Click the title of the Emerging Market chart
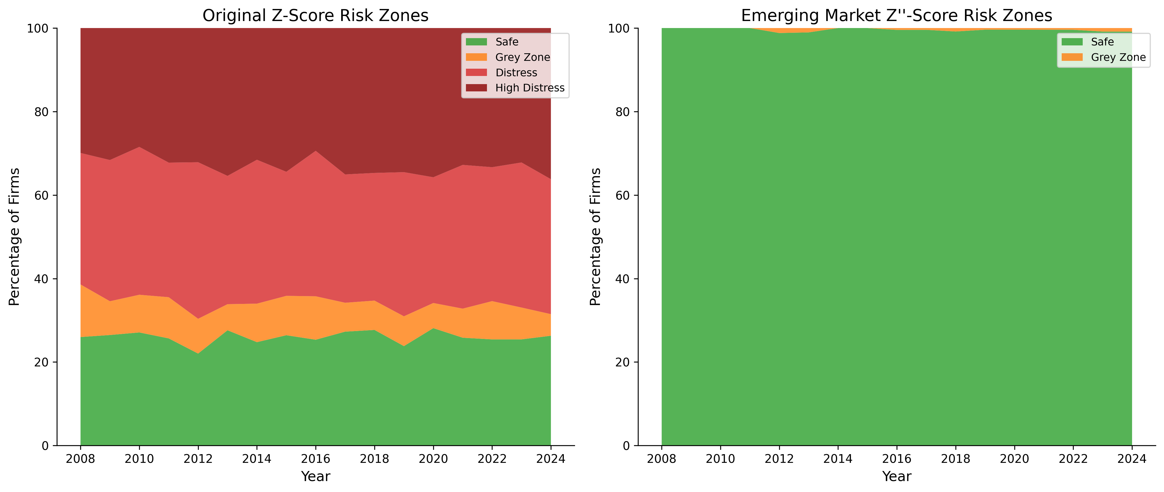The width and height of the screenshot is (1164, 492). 897,16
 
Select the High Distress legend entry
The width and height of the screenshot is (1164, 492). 530,88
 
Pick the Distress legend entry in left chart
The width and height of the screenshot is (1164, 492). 516,73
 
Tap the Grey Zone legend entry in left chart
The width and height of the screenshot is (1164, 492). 522,57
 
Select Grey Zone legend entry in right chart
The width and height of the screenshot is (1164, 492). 1118,57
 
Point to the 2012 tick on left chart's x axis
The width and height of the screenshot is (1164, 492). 198,459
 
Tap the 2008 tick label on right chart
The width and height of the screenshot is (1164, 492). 662,459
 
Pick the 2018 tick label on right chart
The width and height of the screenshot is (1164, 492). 955,459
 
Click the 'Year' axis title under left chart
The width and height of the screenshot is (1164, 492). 315,477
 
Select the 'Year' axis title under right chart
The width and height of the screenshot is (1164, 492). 897,477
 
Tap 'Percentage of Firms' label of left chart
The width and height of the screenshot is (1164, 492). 15,237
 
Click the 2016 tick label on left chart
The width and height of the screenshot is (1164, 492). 315,459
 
